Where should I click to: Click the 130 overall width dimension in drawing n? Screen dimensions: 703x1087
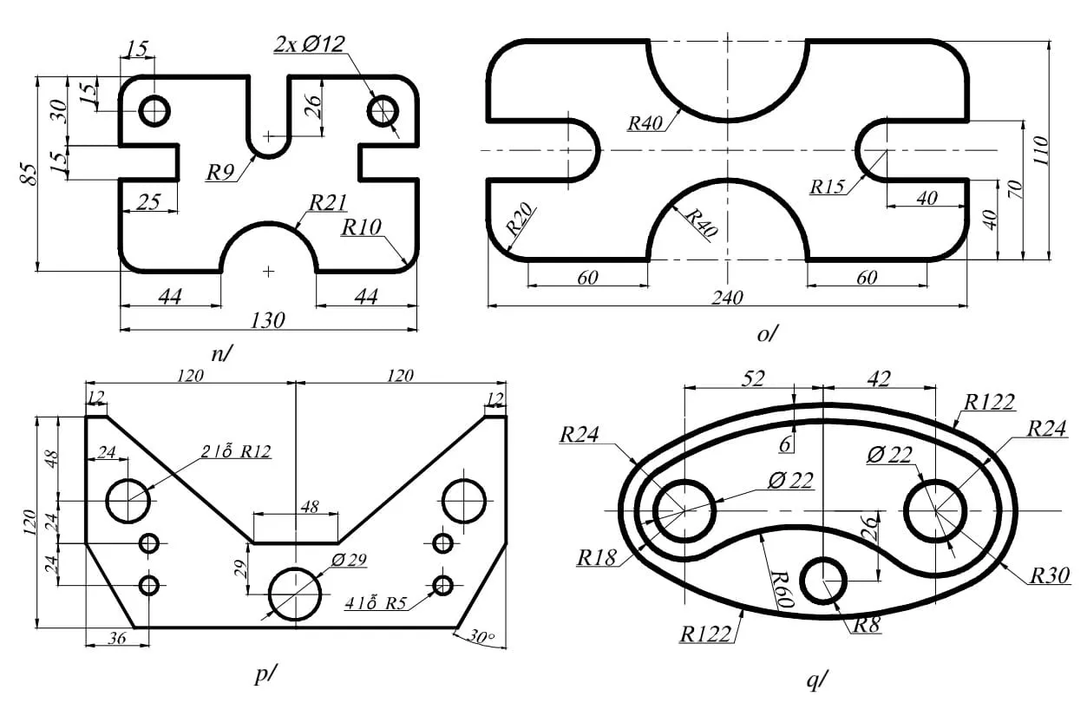268,320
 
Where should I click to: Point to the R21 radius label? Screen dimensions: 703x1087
328,203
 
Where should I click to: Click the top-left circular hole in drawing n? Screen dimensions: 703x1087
155,111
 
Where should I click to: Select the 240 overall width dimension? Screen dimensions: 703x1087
727,298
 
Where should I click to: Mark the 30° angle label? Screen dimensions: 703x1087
480,637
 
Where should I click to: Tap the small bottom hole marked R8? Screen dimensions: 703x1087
822,580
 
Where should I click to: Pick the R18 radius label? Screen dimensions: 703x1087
597,557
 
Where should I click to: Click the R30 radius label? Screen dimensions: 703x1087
1050,575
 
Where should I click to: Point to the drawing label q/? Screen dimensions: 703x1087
816,680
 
